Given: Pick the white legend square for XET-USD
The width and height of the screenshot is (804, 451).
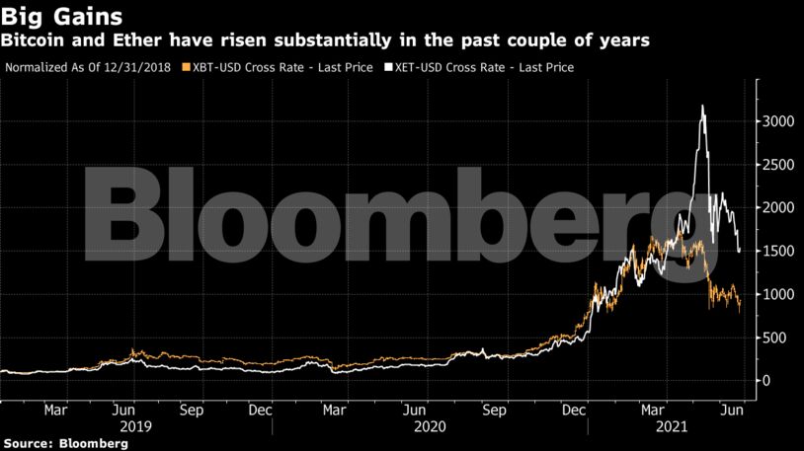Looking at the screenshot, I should [x=389, y=68].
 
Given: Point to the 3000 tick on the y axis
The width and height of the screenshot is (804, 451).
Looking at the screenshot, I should [x=779, y=120].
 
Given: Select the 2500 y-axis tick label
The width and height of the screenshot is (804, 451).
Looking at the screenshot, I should [x=779, y=164].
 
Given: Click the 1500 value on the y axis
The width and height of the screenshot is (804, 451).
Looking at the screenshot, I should [x=779, y=251].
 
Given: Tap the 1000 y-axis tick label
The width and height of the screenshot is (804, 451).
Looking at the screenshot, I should [x=779, y=294].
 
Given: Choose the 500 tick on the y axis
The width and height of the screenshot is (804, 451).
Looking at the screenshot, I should [x=775, y=338].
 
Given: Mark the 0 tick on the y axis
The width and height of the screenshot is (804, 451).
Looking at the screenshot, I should [x=767, y=381].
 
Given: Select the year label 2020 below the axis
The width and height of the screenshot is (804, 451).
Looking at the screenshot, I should [x=433, y=426].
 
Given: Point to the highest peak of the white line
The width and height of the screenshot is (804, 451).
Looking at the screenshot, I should [x=702, y=106].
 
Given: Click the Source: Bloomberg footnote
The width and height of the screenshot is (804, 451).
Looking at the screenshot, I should [x=64, y=444].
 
